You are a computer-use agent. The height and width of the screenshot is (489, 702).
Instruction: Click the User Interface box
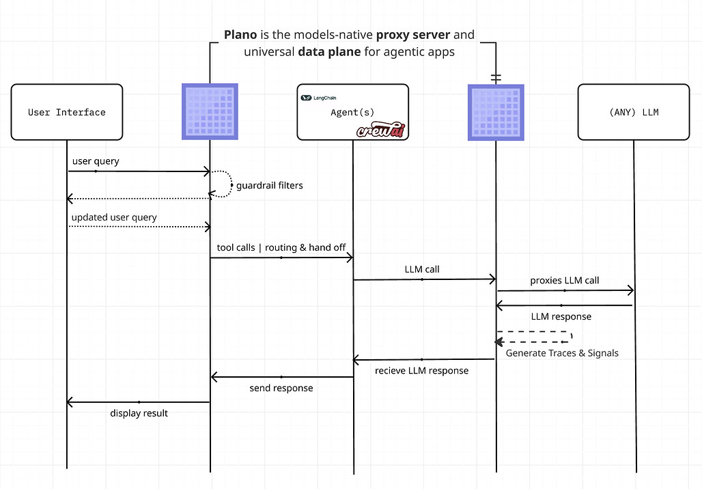pos(67,112)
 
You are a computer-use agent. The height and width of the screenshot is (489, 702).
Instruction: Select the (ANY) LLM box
pos(634,112)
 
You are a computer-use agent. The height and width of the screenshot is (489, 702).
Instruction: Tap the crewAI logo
pos(381,130)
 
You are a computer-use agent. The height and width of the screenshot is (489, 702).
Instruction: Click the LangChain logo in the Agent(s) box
pos(318,98)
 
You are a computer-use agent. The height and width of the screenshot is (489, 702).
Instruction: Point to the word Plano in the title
pos(240,34)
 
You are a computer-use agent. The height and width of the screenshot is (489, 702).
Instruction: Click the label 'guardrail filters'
pos(270,185)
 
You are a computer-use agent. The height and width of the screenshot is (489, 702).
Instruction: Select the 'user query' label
pos(96,161)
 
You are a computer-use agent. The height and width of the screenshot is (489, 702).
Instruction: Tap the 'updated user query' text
pos(114,218)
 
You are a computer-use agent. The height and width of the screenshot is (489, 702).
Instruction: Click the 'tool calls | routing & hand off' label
pos(281,247)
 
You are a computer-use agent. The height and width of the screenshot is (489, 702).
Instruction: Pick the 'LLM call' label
pos(422,269)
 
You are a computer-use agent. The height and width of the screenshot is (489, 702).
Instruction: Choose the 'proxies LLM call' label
pos(565,280)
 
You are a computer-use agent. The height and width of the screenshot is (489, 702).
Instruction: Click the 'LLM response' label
pos(561,317)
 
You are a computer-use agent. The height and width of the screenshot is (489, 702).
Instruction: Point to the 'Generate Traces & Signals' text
pos(562,353)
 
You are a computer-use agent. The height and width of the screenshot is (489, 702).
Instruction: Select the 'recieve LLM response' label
pos(422,370)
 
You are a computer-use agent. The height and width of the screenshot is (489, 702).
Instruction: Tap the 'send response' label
pos(281,388)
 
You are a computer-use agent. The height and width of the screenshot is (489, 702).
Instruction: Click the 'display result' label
pos(139,413)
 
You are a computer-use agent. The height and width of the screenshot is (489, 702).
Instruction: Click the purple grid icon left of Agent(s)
pos(210,111)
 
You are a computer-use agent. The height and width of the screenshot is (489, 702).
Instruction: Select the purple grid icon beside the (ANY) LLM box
pos(496,113)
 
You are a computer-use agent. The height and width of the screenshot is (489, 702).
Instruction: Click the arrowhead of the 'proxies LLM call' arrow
pos(631,290)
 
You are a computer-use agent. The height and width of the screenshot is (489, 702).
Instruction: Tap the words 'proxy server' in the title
pos(412,34)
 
